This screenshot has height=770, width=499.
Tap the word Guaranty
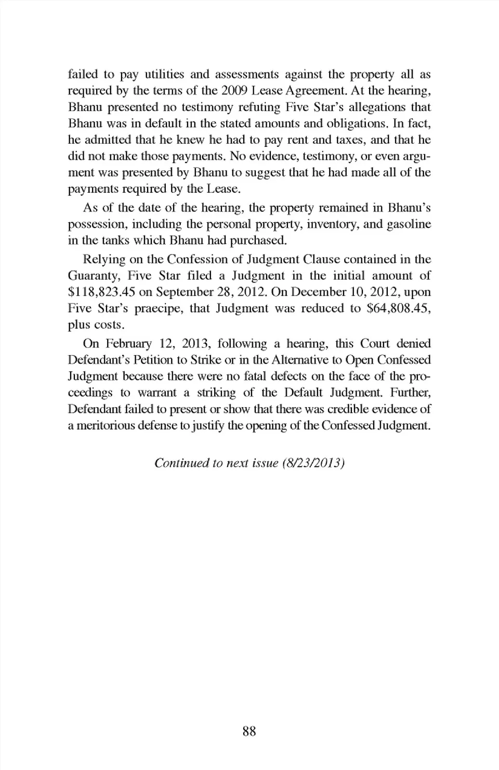[94, 276]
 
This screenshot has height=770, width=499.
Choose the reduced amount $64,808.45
[398, 309]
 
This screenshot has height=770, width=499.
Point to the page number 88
[249, 732]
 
